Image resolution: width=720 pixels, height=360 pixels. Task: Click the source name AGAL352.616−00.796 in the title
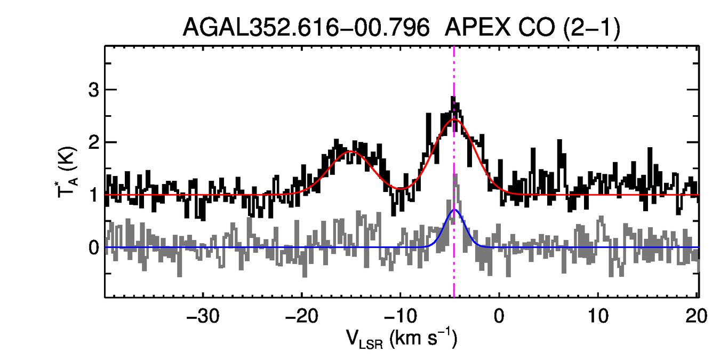306,28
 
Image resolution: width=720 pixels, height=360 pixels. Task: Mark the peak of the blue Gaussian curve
454,210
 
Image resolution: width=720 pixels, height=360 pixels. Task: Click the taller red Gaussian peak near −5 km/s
454,119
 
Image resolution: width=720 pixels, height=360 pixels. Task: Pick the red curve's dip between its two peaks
400,188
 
